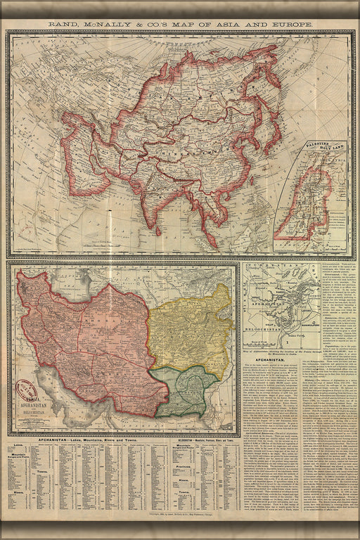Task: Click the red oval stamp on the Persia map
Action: pyautogui.click(x=27, y=389)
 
